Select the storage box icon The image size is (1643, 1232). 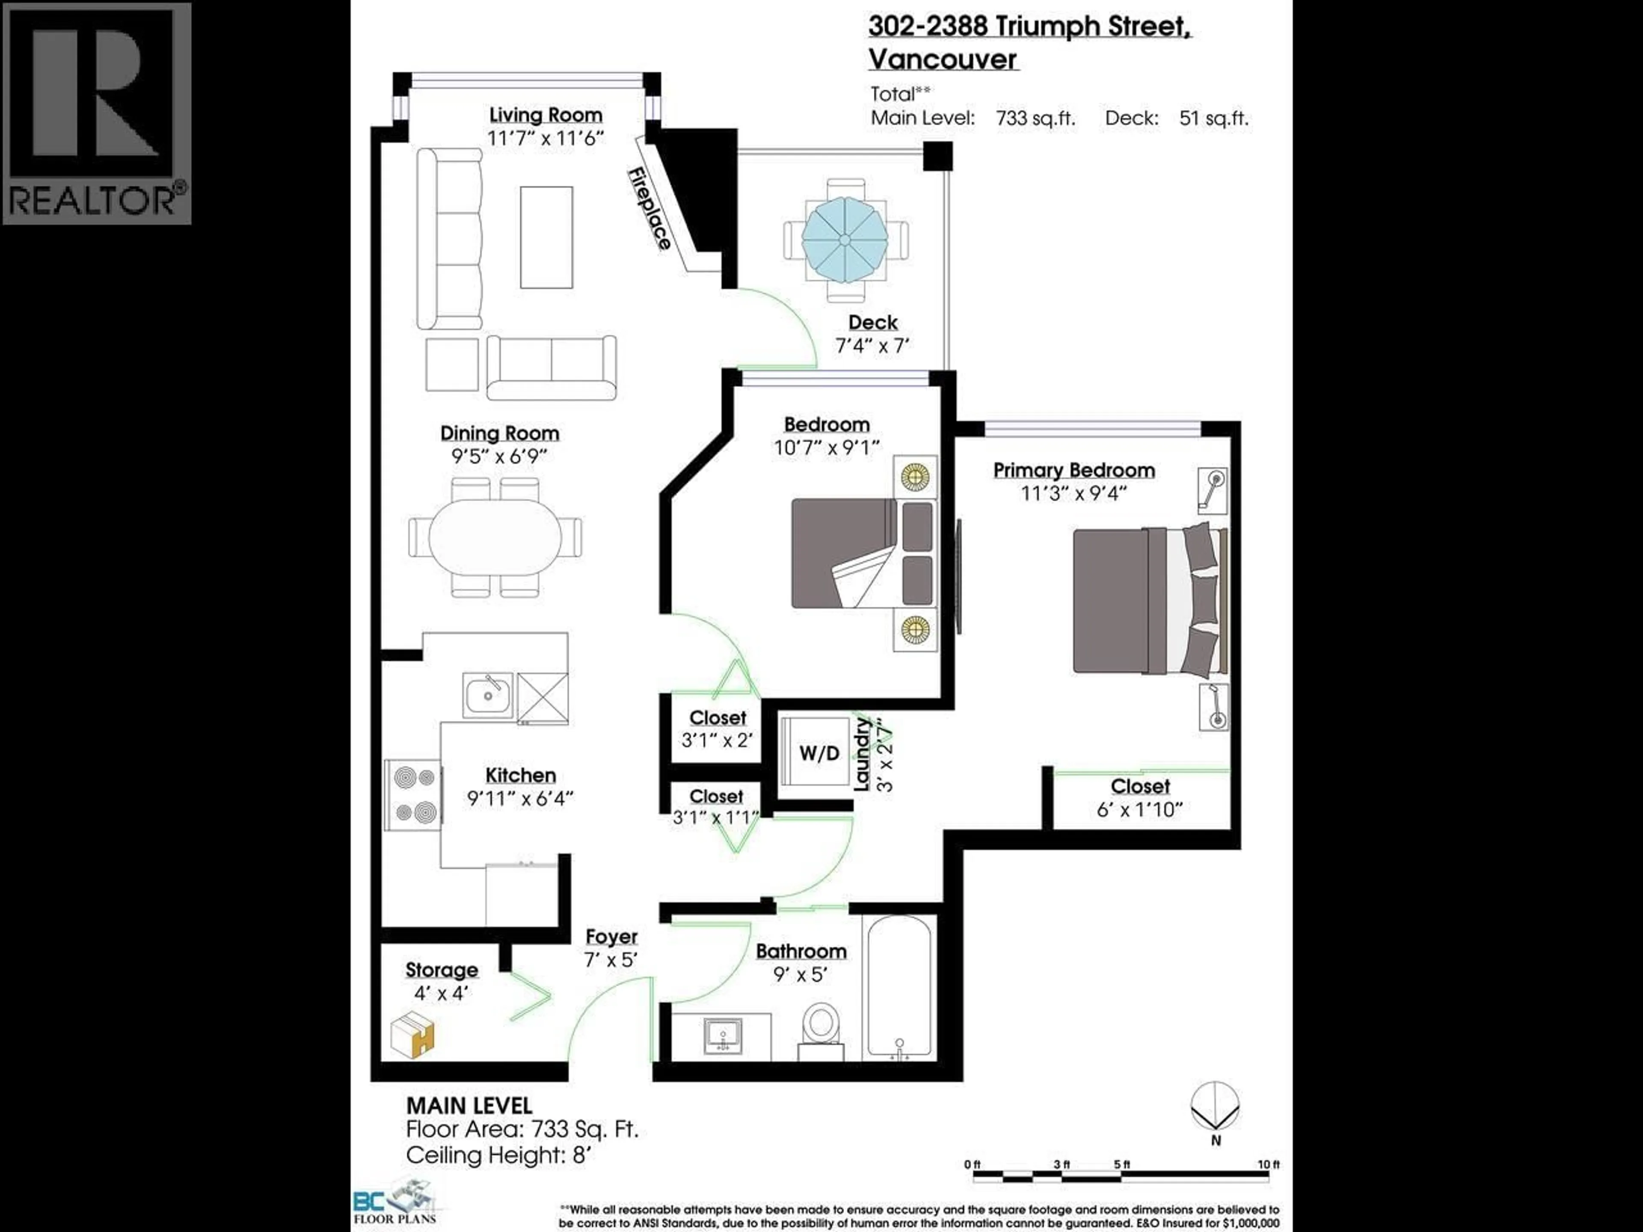click(412, 1036)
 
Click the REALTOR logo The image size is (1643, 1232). click(97, 113)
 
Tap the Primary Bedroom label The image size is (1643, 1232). click(1074, 470)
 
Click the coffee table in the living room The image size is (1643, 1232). click(546, 237)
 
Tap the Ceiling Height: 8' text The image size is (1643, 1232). click(498, 1155)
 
